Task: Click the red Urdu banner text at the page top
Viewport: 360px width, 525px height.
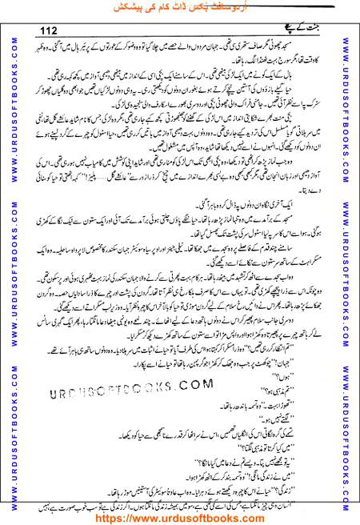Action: coord(179,7)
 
